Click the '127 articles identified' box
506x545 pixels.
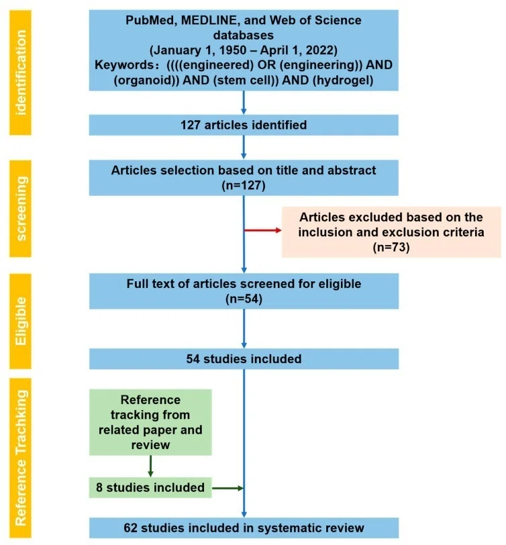pos(244,125)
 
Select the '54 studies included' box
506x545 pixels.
pos(244,358)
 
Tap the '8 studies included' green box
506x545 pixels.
pos(150,487)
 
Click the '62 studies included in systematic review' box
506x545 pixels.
pos(244,528)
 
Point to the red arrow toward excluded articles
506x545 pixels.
pos(263,230)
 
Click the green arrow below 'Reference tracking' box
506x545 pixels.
pos(150,466)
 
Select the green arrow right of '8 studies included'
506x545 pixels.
pos(227,488)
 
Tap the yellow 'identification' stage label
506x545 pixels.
pos(21,72)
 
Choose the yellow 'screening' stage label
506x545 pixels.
pos(21,209)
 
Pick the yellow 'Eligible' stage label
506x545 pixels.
pos(21,321)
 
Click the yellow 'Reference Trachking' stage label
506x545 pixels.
pos(21,458)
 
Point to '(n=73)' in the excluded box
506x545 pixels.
pos(391,247)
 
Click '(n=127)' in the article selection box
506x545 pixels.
pos(244,185)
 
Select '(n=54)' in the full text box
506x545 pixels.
pos(244,299)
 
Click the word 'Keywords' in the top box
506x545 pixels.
pos(122,65)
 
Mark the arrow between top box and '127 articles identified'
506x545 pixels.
pos(244,103)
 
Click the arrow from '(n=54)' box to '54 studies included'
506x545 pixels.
pos(244,328)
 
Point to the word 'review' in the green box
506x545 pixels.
pos(150,445)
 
